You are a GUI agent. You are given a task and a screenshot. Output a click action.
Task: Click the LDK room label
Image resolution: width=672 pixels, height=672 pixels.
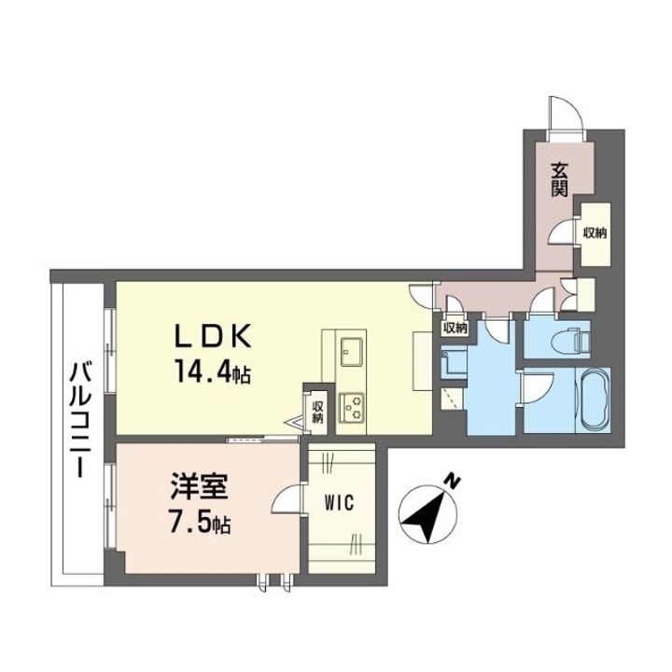(x=213, y=336)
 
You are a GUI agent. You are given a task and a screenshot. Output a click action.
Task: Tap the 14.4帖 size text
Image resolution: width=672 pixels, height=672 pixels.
(x=212, y=371)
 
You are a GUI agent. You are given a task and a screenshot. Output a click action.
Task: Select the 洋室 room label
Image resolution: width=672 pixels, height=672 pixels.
(x=200, y=487)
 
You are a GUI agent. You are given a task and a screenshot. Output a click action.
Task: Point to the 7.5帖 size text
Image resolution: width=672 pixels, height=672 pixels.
(x=200, y=523)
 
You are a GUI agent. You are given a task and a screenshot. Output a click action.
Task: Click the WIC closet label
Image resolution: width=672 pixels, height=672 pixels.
(x=339, y=503)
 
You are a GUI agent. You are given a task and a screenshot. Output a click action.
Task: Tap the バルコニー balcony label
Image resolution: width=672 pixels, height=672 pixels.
(x=82, y=419)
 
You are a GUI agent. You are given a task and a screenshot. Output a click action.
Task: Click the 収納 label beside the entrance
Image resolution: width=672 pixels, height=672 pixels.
(x=595, y=233)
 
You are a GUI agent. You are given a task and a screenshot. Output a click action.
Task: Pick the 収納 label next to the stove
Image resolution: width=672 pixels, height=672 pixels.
(x=317, y=412)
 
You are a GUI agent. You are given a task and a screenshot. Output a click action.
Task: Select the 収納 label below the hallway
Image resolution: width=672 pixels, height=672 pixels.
(x=455, y=329)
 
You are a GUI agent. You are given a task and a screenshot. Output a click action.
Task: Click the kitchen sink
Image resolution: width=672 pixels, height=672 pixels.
(x=352, y=352)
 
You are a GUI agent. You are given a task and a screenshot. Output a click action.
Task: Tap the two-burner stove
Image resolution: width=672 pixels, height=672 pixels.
(x=352, y=408)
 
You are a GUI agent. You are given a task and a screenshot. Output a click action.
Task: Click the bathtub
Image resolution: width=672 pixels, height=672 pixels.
(x=595, y=399)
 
